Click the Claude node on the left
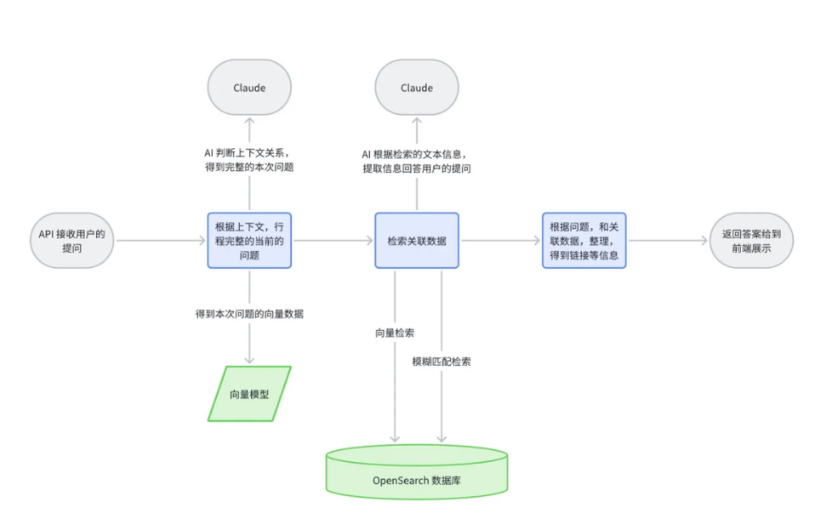pos(249,88)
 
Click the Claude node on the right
pos(417,88)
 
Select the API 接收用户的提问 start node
pos(71,241)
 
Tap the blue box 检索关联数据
pos(417,241)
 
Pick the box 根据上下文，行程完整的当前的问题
pos(249,241)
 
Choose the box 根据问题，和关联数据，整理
pos(584,241)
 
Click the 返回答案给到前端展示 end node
pos(752,241)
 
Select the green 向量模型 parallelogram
pos(249,394)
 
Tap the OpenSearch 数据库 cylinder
pos(417,472)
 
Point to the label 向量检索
pos(395,333)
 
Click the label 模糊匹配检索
pos(442,362)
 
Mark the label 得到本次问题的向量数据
pos(249,314)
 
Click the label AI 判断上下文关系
pos(248,153)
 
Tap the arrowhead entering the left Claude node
pos(249,122)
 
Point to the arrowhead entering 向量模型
pos(249,360)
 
